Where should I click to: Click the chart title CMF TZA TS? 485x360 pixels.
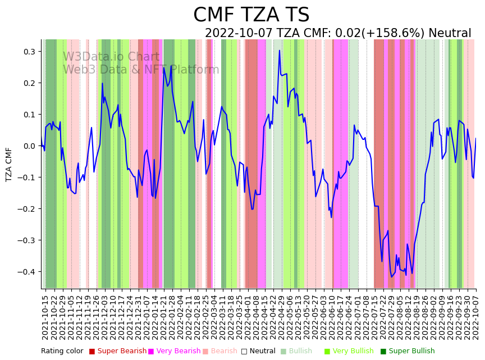click(251, 15)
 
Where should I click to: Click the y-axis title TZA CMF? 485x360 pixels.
click(9, 165)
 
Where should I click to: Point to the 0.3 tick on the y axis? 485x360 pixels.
click(28, 52)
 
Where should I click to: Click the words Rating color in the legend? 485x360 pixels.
click(62, 351)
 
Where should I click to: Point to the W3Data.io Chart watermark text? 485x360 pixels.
click(111, 57)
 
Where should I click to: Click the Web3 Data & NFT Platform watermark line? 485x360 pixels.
click(141, 70)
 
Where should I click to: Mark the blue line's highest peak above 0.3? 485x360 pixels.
click(279, 51)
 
